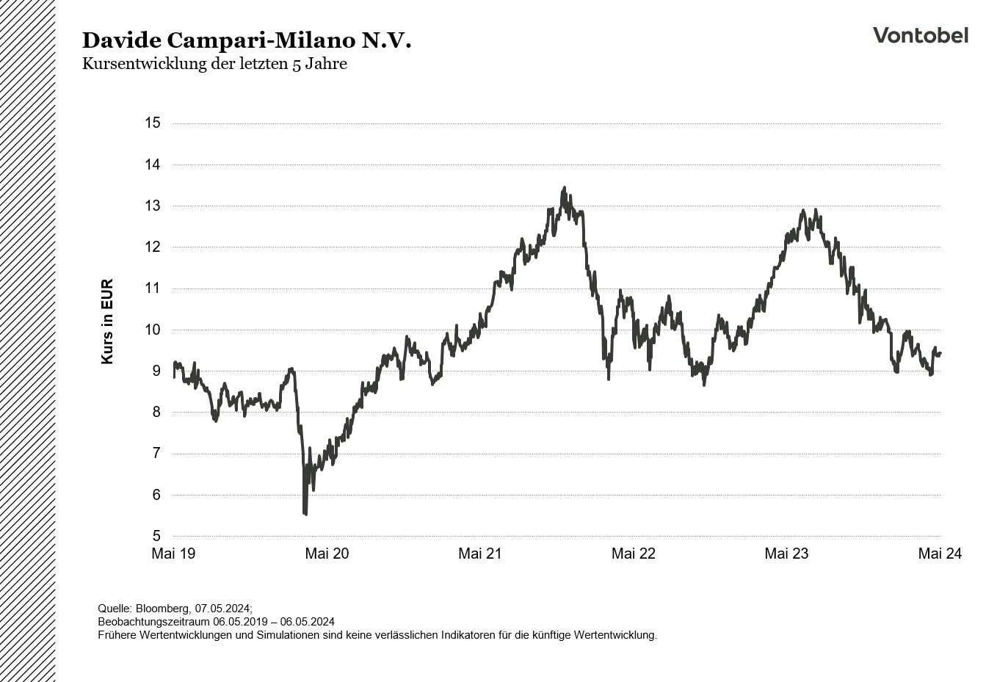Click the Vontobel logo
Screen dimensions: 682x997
coord(920,35)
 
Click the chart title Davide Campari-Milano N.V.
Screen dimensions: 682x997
coord(247,40)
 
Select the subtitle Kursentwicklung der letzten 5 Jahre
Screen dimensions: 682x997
coord(214,64)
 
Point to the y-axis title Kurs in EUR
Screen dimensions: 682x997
coord(107,322)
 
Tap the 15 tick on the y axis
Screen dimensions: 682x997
coord(153,123)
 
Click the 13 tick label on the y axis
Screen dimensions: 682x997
coord(153,206)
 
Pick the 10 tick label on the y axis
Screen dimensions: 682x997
coord(153,330)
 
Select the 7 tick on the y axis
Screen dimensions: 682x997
coord(156,454)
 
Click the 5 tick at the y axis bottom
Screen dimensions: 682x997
coord(156,536)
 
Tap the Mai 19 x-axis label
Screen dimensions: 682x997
coord(173,554)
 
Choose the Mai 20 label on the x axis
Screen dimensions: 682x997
coord(327,554)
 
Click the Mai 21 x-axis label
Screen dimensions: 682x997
coord(480,554)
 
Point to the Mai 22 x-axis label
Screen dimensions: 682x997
coord(634,554)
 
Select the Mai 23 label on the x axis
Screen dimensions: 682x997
coord(786,554)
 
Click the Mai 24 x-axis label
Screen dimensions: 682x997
coord(940,554)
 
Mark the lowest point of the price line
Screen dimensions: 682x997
coord(305,514)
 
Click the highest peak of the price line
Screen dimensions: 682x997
coord(564,188)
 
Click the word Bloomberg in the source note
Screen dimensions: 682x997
coord(162,609)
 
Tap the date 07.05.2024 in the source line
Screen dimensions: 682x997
coord(222,609)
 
